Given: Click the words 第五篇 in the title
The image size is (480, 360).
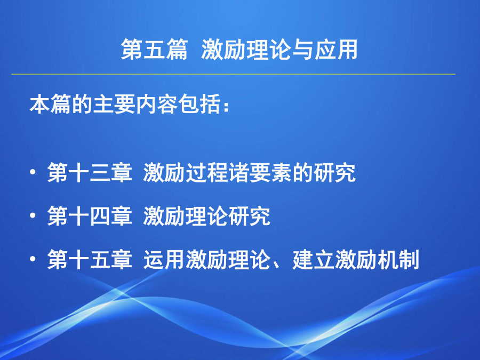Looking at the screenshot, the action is (154, 49).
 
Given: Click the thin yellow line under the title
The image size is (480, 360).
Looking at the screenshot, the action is (233, 74).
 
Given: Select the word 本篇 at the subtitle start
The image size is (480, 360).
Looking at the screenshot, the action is (50, 105).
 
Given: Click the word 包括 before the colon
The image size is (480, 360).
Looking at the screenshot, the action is (199, 105).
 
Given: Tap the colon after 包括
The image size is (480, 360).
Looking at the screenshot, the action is (226, 107).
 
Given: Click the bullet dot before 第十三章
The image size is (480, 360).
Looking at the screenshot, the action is (33, 172).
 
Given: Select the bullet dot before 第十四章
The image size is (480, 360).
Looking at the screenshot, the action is (33, 216).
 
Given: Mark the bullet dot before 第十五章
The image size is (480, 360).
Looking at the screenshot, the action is (33, 259).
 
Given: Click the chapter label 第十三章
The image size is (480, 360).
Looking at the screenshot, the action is (90, 173).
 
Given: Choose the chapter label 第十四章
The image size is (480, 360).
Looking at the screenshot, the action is (90, 216).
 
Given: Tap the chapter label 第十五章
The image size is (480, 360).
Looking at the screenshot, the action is (90, 260).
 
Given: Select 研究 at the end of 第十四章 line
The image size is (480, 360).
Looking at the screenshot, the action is (250, 216).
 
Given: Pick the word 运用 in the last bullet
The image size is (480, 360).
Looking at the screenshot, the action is (164, 260).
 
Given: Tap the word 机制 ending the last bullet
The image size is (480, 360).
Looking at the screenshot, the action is (398, 260).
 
